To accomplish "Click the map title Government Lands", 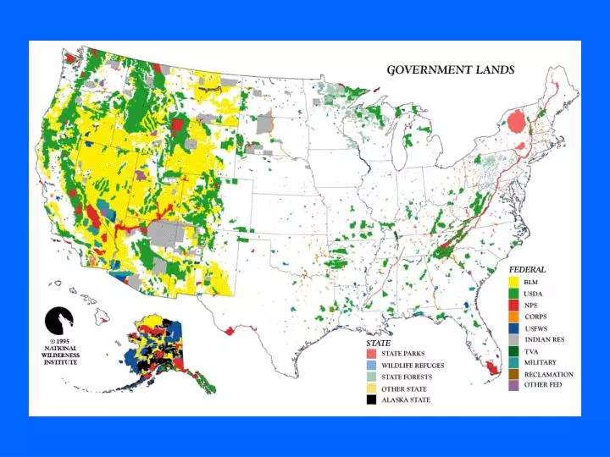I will click(450, 70).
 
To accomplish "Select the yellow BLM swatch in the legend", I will click(513, 282).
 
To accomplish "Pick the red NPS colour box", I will click(513, 305).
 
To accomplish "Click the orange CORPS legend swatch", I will click(513, 317).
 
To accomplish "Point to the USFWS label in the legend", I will click(536, 328).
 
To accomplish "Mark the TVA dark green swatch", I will click(513, 350).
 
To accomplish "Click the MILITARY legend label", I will click(540, 362).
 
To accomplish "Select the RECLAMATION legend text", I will click(548, 374).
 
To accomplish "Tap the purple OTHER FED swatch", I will click(513, 385).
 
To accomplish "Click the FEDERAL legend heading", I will click(527, 269).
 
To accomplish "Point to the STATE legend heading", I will click(378, 343).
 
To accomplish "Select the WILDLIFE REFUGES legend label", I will click(412, 366).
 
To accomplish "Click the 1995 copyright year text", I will click(64, 341).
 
